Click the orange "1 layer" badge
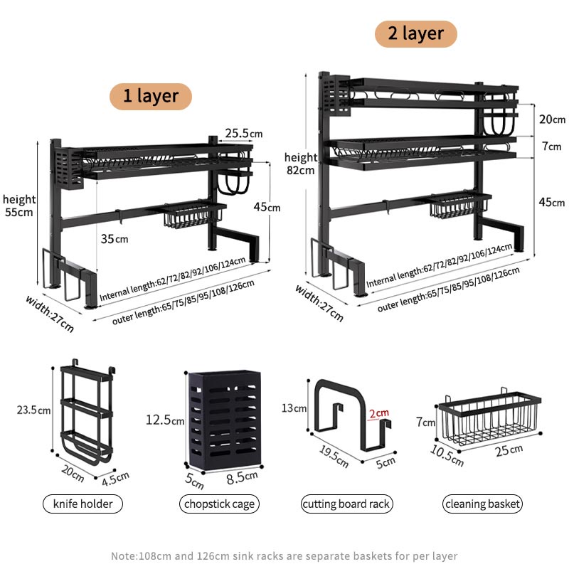(150, 96)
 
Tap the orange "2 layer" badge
(415, 33)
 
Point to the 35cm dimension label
(114, 239)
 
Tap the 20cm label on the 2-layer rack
(551, 119)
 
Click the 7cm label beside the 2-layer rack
(551, 147)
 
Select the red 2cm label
(378, 413)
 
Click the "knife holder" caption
(83, 504)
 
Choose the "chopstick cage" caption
(218, 504)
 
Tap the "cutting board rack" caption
(346, 504)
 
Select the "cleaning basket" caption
(483, 504)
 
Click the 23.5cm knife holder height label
(33, 410)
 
